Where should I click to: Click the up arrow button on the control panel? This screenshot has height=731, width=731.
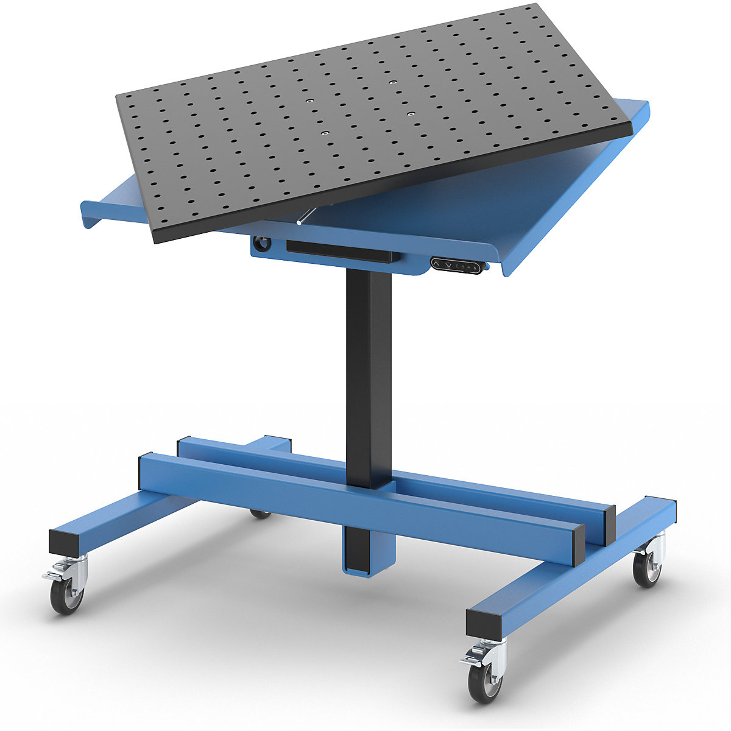(439, 263)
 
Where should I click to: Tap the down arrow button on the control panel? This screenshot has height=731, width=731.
(448, 264)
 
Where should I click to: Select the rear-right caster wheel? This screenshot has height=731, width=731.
(646, 568)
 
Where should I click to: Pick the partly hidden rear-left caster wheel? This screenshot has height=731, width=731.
(261, 514)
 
